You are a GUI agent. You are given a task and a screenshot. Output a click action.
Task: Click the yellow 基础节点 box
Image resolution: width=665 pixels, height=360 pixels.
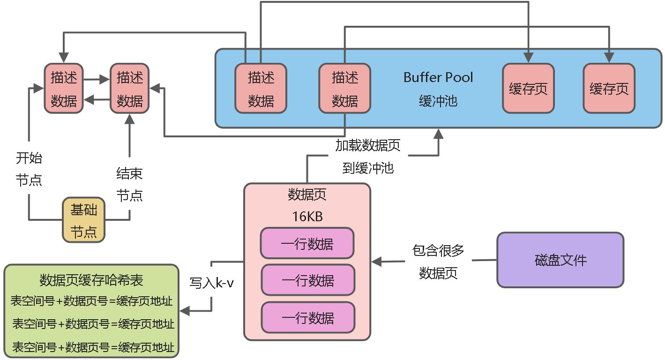pos(84,219)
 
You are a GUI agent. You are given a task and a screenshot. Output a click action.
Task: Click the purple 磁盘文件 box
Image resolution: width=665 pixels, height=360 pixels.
pos(560,260)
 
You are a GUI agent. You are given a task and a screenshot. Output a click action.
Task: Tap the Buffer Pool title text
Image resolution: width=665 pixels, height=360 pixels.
pos(438,77)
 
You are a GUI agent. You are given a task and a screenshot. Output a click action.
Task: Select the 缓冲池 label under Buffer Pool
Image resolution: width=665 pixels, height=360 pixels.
pos(438,101)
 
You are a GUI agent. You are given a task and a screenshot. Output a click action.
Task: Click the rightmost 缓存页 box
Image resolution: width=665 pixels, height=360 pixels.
pos(609,89)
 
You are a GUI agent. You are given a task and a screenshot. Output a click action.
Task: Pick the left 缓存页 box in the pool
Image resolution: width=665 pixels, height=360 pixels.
pos(528,89)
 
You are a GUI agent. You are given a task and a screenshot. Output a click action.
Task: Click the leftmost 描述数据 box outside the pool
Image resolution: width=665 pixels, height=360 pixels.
pos(64,89)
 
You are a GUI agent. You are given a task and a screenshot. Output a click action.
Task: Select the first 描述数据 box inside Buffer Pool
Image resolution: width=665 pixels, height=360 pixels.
pos(261,89)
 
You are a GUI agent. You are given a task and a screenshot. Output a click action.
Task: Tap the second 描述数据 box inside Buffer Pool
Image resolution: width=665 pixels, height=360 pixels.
pos(344,89)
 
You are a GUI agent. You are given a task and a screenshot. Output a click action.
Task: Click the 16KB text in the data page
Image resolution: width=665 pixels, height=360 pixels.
pos(307,217)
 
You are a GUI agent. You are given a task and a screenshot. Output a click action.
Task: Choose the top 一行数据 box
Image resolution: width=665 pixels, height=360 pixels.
pos(307,243)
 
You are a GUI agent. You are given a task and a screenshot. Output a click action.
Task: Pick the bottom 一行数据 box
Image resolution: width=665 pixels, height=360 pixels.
pos(307,318)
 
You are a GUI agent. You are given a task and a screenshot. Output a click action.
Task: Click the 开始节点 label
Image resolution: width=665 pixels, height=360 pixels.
pos(29,169)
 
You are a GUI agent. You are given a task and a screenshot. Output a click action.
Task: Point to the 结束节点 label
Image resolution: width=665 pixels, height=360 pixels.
pos(129,185)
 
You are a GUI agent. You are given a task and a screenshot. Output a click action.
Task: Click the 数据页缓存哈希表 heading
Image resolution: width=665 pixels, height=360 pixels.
pos(91,280)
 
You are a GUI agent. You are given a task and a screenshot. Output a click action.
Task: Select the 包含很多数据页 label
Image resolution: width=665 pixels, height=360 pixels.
pos(438,262)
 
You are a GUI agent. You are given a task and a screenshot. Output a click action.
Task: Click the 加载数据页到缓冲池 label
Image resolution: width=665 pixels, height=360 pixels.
pos(368,157)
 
